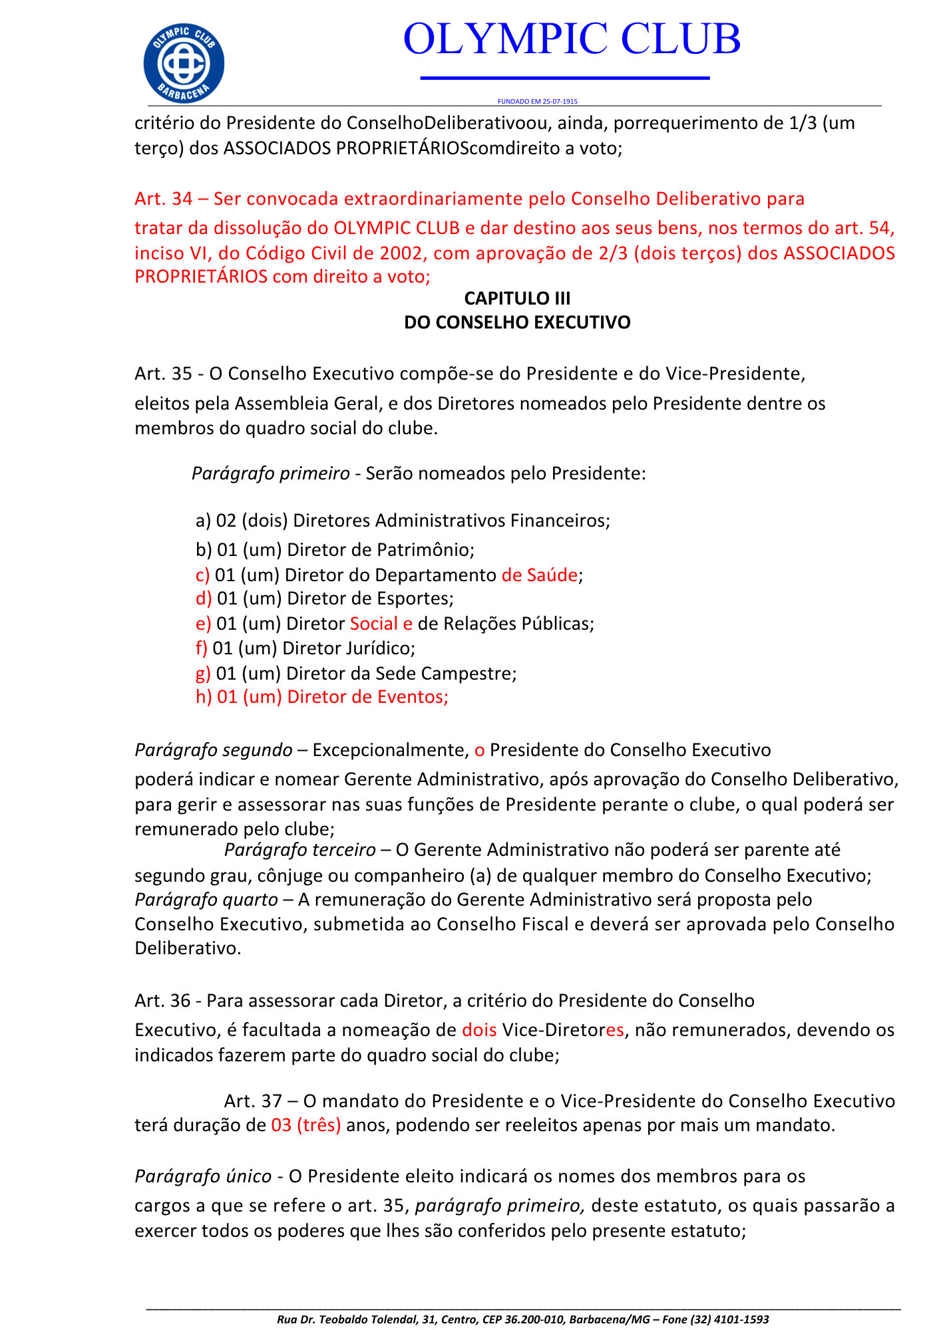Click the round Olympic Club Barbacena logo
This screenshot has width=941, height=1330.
pos(184,63)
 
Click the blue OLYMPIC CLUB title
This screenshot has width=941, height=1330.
pos(572,39)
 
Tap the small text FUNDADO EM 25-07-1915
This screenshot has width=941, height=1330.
pos(537,102)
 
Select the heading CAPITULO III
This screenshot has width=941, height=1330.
pos(517,298)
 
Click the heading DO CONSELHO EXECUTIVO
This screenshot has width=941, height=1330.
pos(517,323)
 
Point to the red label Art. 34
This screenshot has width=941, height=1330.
pos(163,199)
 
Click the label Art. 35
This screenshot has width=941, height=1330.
pos(163,374)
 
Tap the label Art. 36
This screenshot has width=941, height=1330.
pos(163,1000)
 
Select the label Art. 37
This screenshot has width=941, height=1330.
pos(253,1101)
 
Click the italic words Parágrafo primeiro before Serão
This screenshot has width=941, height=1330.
pos(270,473)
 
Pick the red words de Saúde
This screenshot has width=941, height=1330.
pos(539,575)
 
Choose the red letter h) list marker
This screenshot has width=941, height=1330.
pos(203,697)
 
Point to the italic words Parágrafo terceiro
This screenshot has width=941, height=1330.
pos(299,850)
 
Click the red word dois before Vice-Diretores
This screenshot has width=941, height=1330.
pos(479,1030)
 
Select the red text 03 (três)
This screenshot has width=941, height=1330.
pos(306,1125)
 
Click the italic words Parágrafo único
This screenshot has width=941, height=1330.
pos(203,1176)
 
